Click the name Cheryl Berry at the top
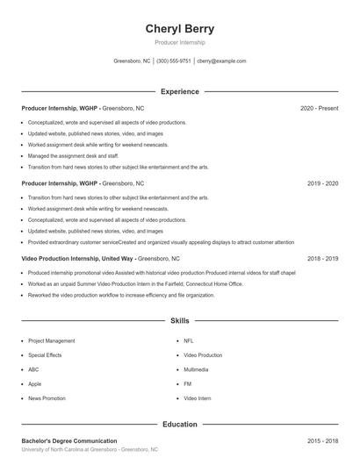[179, 28]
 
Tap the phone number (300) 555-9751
[174, 61]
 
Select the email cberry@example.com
[221, 61]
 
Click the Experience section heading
[179, 91]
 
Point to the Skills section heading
[179, 322]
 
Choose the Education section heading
[179, 424]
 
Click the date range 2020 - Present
[319, 108]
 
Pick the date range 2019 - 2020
[322, 183]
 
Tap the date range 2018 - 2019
[322, 259]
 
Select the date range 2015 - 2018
[322, 440]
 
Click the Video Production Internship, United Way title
[77, 259]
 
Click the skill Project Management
[51, 340]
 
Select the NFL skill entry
[188, 340]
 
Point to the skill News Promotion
[47, 398]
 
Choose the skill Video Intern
[198, 398]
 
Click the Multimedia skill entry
[196, 369]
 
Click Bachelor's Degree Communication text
[68, 440]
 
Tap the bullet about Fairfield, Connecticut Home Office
[135, 284]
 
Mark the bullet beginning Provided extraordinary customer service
[161, 242]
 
